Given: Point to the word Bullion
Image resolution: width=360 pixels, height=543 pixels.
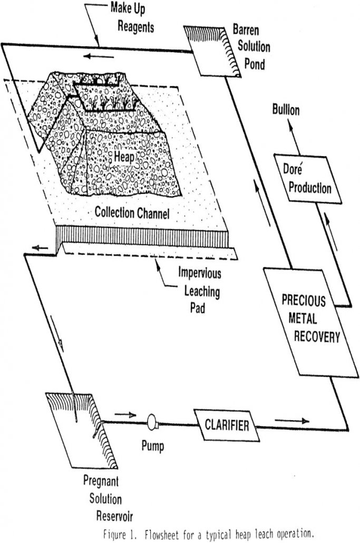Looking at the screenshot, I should pos(286,111).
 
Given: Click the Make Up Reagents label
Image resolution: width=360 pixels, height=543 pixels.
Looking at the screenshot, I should pos(131,17).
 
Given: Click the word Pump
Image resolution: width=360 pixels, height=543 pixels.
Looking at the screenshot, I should pos(152,447).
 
